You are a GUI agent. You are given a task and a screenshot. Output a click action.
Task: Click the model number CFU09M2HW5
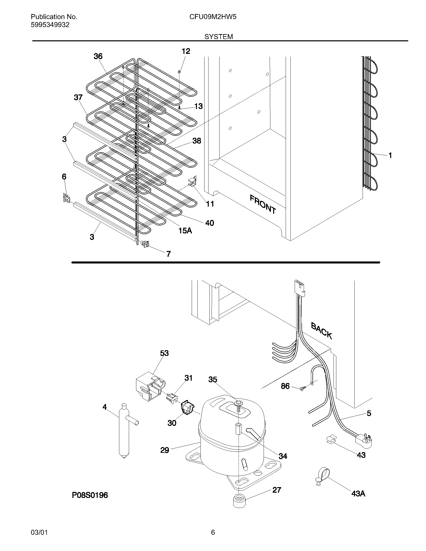point(213,17)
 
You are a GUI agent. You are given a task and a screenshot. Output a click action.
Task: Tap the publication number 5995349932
point(50,25)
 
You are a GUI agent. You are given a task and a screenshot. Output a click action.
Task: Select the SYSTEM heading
point(219,37)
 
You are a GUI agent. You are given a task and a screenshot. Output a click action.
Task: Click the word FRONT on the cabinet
point(263,204)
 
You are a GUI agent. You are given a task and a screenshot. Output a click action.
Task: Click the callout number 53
point(164,353)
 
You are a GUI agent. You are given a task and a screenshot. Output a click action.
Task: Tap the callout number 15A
point(185,230)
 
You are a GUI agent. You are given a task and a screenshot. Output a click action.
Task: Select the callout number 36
point(98,56)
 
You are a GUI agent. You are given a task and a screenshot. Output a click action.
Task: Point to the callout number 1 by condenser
point(390,156)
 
